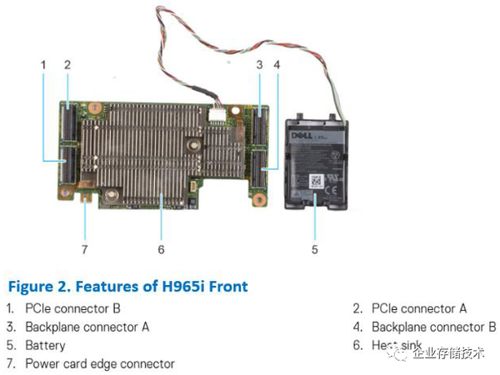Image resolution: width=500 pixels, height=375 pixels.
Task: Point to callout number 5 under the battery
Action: [315, 248]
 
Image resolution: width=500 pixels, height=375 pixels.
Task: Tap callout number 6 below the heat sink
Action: [161, 248]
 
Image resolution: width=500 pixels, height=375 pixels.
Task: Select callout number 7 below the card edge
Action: [84, 248]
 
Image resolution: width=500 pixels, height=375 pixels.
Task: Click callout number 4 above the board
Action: [277, 63]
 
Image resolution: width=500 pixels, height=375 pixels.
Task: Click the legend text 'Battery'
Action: [45, 345]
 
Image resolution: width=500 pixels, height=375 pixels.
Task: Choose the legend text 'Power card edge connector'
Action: [100, 363]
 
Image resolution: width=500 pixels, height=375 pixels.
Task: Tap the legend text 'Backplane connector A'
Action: [87, 327]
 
